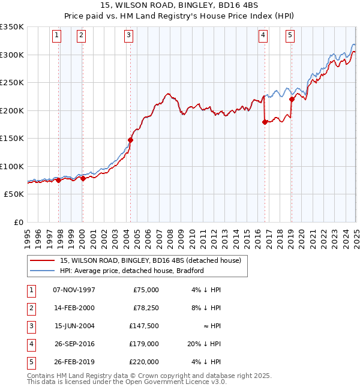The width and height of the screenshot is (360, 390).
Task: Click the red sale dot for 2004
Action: coord(130,140)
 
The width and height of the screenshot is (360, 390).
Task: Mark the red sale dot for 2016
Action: coord(265,122)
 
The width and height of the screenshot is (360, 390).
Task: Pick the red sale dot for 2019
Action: coord(292,99)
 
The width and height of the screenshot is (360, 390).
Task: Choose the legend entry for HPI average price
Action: coord(132,271)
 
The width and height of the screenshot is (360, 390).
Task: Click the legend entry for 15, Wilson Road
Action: coord(150,260)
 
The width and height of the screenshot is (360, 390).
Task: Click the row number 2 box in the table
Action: coord(31,308)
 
